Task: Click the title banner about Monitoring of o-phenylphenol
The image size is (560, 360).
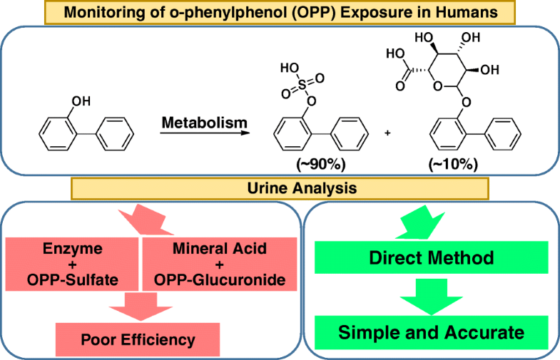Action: [x=280, y=12]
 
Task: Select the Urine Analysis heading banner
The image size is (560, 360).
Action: [x=280, y=189]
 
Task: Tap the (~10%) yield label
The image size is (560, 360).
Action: [x=455, y=164]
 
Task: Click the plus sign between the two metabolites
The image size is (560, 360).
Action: [x=387, y=133]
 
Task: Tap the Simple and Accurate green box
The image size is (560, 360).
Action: [x=432, y=332]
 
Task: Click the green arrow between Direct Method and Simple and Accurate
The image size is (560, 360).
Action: [x=432, y=295]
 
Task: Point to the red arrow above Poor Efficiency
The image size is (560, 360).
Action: [x=133, y=304]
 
